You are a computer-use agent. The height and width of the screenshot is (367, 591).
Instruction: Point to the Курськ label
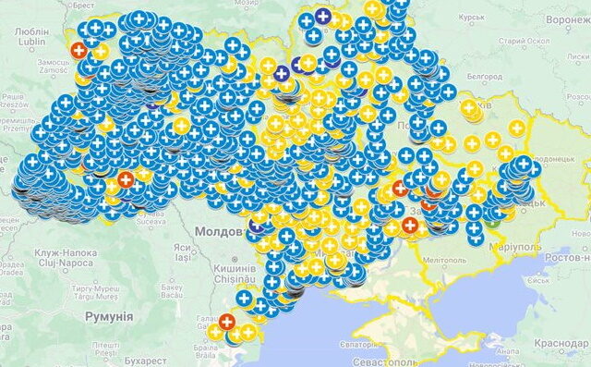point(473,18)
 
